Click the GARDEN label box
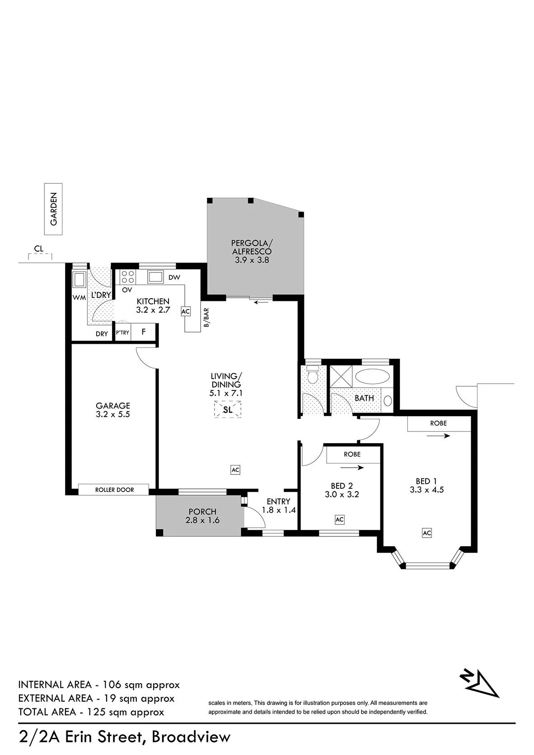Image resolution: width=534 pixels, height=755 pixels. [x=53, y=209]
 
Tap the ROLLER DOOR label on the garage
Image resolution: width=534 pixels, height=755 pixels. [x=114, y=490]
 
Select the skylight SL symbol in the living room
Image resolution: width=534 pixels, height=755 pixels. [x=228, y=409]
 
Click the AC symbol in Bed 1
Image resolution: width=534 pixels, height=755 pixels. [x=427, y=533]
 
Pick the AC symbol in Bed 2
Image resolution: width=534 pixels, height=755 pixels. [x=339, y=520]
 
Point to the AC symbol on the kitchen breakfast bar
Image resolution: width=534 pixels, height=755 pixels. [x=185, y=311]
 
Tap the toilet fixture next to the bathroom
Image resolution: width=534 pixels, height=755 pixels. [x=313, y=376]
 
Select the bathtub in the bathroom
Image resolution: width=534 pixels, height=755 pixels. [x=373, y=376]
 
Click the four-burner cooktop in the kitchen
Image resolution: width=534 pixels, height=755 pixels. [x=128, y=277]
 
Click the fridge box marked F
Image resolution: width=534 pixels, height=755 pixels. [x=144, y=332]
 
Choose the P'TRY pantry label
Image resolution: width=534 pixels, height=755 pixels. [x=122, y=333]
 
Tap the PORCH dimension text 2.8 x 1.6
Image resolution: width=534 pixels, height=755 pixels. [x=202, y=520]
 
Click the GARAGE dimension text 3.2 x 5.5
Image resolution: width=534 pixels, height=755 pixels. [x=112, y=414]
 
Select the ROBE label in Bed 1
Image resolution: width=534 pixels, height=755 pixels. [x=438, y=423]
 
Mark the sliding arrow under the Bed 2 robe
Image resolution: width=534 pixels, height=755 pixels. [x=352, y=468]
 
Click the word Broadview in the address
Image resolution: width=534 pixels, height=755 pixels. [x=191, y=737]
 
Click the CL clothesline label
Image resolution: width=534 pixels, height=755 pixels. [x=39, y=249]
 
